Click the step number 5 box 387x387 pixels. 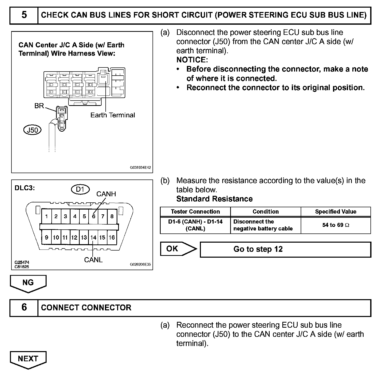pyautogui.click(x=24, y=15)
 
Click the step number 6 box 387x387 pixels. pyautogui.click(x=24, y=307)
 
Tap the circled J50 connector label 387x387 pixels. pyautogui.click(x=32, y=130)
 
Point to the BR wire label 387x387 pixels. pyautogui.click(x=39, y=106)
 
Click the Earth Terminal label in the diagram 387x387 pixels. pyautogui.click(x=113, y=115)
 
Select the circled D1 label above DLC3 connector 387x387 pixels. pyautogui.click(x=80, y=189)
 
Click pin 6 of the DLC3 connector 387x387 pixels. pyautogui.click(x=94, y=216)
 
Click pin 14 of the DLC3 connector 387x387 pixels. pyautogui.click(x=93, y=238)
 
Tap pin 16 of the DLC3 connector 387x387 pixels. pyautogui.click(x=112, y=238)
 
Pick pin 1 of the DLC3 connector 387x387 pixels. pyautogui.click(x=47, y=216)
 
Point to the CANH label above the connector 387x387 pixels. pyautogui.click(x=106, y=194)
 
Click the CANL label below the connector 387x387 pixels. pyautogui.click(x=93, y=260)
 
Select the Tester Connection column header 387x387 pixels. pyautogui.click(x=195, y=212)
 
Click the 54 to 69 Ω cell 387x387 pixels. pyautogui.click(x=336, y=225)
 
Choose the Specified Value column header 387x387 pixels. pyautogui.click(x=336, y=212)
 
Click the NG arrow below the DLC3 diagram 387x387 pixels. pyautogui.click(x=28, y=283)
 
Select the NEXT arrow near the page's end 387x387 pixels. pyautogui.click(x=28, y=359)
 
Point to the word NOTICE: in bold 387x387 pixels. pyautogui.click(x=192, y=60)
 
